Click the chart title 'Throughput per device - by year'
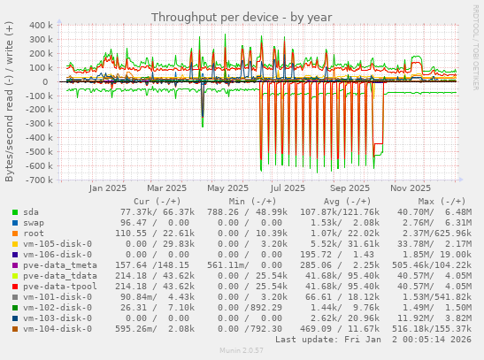click(241, 17)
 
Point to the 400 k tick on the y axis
click(40, 26)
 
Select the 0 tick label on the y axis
click(50, 81)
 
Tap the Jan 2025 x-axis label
click(109, 188)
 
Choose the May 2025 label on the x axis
click(227, 188)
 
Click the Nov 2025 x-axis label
click(410, 188)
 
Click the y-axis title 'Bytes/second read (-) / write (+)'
click(10, 103)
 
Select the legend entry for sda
click(30, 212)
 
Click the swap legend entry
click(33, 223)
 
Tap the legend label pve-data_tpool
click(60, 287)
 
